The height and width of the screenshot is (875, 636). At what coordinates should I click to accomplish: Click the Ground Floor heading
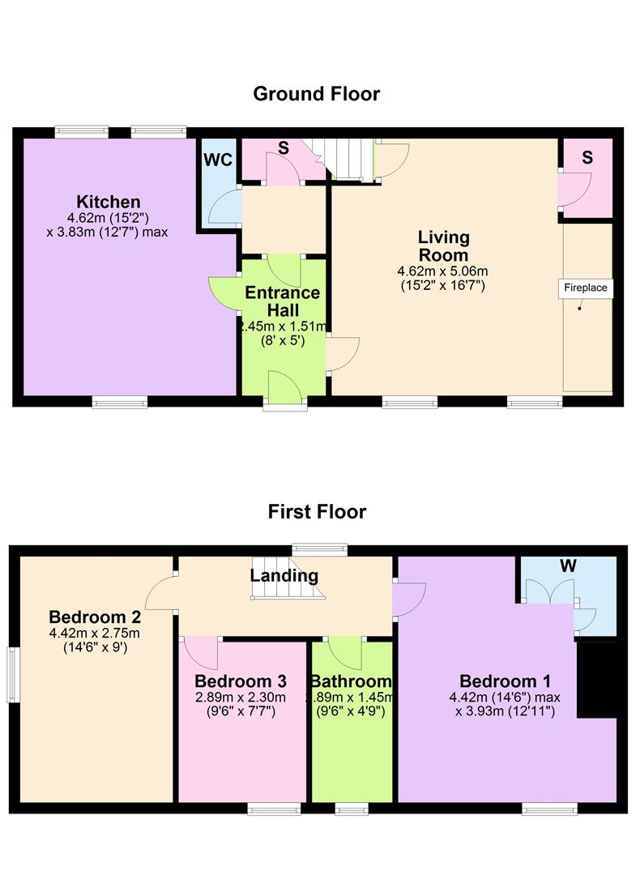point(317,93)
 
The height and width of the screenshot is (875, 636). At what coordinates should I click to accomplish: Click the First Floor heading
point(317,511)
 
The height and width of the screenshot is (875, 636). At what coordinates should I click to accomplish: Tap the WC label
point(218,160)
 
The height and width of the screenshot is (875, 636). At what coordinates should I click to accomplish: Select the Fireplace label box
point(585,288)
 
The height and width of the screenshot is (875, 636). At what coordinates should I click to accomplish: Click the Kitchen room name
point(109,202)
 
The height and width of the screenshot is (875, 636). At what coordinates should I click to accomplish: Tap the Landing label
point(284,576)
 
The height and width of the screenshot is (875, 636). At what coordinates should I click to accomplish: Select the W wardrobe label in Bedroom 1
point(567,566)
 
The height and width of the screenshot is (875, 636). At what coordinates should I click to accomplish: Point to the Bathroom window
point(350,808)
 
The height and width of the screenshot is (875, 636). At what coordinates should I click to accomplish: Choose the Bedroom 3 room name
point(241,681)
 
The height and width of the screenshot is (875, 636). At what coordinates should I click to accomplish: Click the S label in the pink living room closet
point(587,159)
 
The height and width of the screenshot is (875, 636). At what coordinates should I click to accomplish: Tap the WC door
point(222,207)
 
